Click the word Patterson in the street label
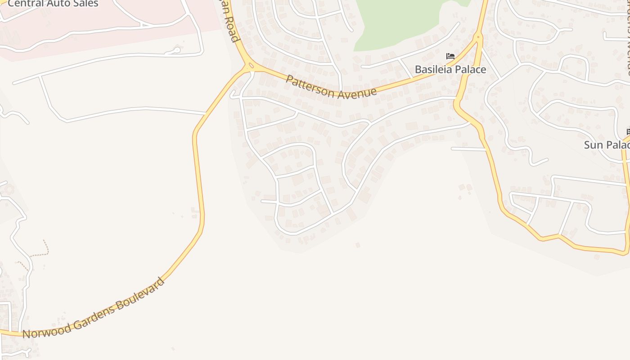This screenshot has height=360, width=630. [310, 85]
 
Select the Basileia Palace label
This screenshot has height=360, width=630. [450, 69]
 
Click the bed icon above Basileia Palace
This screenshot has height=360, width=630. [450, 56]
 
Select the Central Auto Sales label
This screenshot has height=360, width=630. [53, 4]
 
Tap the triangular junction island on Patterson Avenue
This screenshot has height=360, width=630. [251, 66]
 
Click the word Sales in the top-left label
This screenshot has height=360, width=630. [86, 4]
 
